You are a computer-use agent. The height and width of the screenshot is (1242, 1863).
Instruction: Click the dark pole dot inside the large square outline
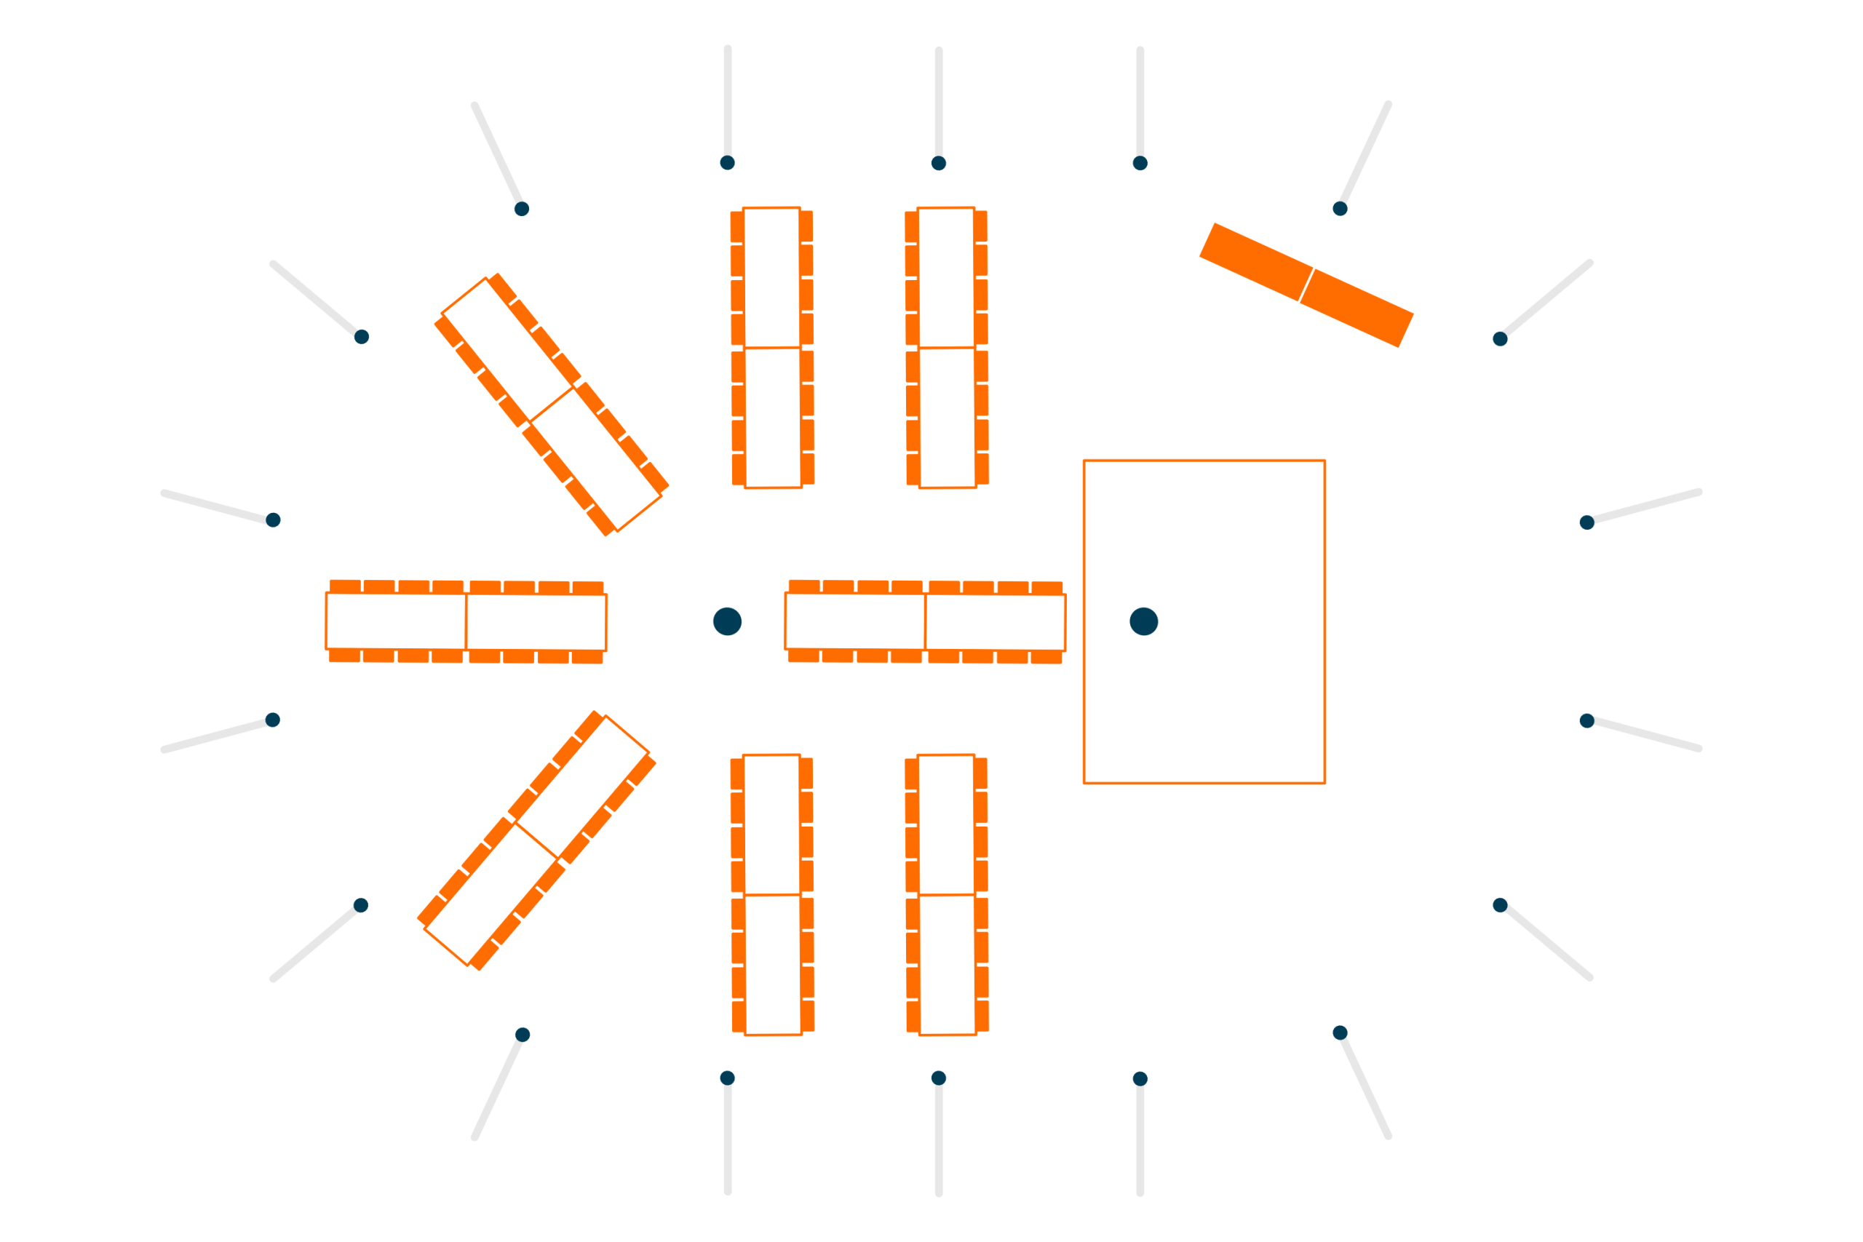pyautogui.click(x=1144, y=622)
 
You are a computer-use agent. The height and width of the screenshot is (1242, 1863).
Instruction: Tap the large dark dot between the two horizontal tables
pyautogui.click(x=727, y=622)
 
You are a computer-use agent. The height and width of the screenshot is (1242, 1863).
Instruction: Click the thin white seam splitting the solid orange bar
pyautogui.click(x=1307, y=285)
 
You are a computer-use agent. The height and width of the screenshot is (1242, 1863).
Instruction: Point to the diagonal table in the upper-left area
pyautogui.click(x=552, y=405)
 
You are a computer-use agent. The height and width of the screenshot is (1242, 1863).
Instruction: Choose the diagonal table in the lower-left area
pyautogui.click(x=537, y=840)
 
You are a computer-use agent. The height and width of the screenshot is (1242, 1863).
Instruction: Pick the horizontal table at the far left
pyautogui.click(x=466, y=622)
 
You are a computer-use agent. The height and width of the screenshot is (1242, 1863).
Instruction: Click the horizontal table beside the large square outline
pyautogui.click(x=925, y=622)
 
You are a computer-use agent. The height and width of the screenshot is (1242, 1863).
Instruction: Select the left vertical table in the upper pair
pyautogui.click(x=772, y=348)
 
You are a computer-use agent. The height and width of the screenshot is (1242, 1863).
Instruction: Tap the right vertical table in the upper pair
pyautogui.click(x=947, y=348)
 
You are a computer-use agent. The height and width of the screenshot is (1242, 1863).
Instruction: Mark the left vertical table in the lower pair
pyautogui.click(x=772, y=895)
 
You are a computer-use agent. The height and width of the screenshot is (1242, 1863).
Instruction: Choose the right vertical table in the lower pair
pyautogui.click(x=947, y=895)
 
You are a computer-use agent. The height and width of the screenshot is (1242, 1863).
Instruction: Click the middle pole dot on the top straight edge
pyautogui.click(x=939, y=163)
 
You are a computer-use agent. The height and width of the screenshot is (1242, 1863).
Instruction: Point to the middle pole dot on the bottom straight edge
pyautogui.click(x=939, y=1078)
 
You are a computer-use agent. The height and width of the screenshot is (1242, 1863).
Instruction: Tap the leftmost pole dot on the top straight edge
pyautogui.click(x=727, y=163)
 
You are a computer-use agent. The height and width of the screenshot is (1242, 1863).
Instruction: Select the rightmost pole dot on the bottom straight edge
pyautogui.click(x=1140, y=1079)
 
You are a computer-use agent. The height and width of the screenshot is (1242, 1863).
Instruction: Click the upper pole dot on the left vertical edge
pyautogui.click(x=272, y=520)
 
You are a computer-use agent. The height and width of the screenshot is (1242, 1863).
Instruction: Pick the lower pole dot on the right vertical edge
pyautogui.click(x=1586, y=721)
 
